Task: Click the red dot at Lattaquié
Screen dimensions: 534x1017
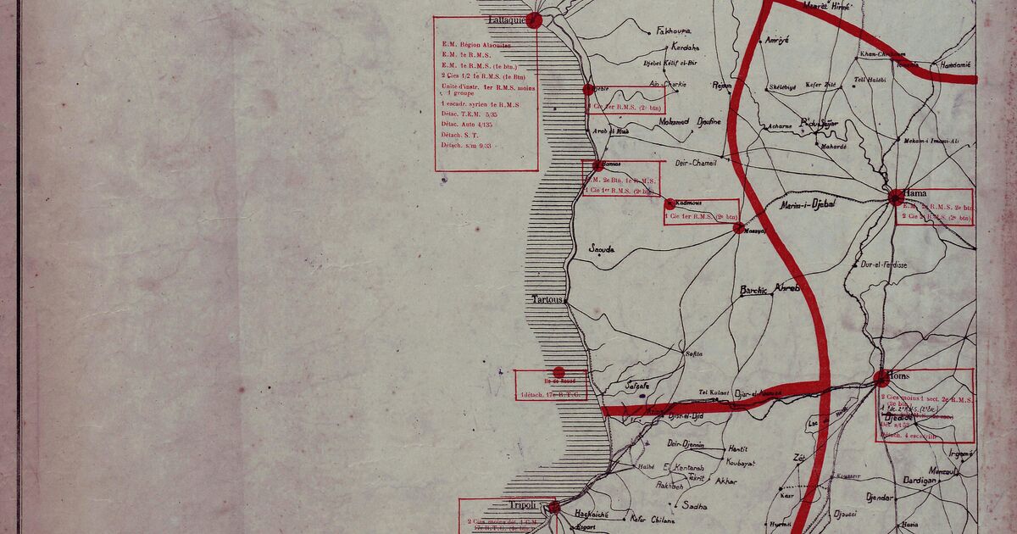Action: (x=534, y=21)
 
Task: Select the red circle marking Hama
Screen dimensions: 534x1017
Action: (x=897, y=198)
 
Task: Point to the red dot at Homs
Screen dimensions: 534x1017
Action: (x=881, y=379)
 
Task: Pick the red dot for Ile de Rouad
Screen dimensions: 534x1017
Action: (x=559, y=372)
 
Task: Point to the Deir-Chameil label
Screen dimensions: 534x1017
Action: (x=695, y=163)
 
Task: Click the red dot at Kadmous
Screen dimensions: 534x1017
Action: (x=670, y=203)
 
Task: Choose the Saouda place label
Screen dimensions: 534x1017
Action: (x=602, y=249)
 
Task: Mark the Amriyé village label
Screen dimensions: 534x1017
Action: (x=777, y=40)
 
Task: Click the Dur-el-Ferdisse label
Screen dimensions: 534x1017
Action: (x=884, y=264)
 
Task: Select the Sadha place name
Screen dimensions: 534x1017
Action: (x=695, y=506)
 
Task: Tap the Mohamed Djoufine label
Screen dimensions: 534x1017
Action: (x=690, y=122)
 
